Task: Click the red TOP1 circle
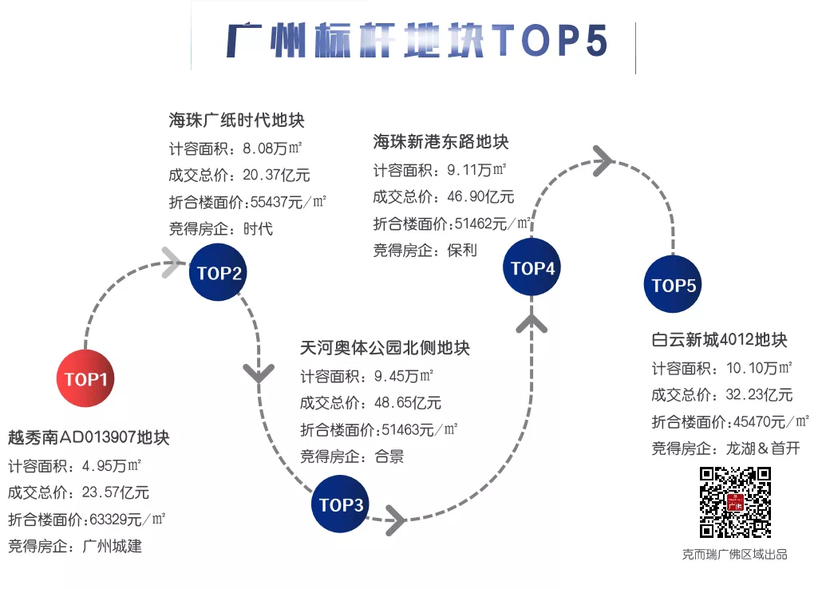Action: tap(85, 379)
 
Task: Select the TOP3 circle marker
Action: tap(341, 504)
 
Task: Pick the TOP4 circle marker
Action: tap(532, 268)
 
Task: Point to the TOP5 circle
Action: tap(674, 285)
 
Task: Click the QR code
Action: tap(735, 502)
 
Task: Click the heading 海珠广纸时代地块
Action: tap(236, 121)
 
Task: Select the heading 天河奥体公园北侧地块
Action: tap(385, 348)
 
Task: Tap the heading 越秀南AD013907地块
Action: tap(89, 437)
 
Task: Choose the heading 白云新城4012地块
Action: tap(719, 340)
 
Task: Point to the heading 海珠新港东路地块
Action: tap(441, 142)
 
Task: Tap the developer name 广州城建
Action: tap(113, 547)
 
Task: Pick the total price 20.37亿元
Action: tap(275, 175)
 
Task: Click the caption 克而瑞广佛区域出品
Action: tap(734, 553)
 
